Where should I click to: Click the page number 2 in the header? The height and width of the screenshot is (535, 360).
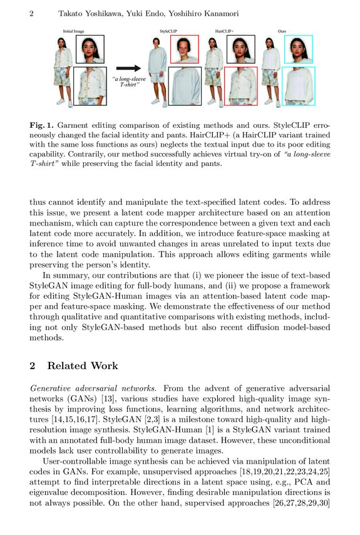(x=31, y=14)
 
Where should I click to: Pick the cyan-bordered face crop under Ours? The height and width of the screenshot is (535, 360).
(x=298, y=49)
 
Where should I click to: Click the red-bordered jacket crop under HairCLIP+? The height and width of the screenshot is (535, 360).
(x=240, y=85)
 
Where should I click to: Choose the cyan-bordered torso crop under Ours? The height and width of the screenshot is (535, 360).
(x=298, y=85)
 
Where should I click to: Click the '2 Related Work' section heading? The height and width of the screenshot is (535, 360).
(x=74, y=366)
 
